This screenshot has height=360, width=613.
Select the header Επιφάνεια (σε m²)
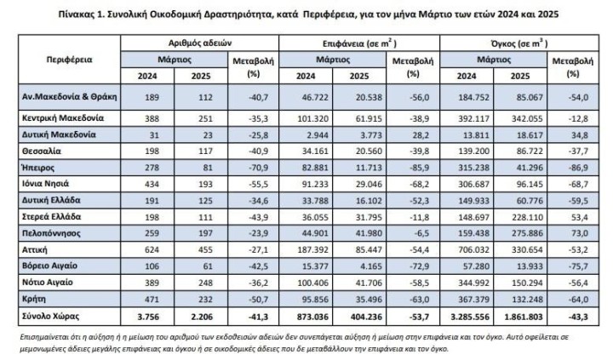pyautogui.click(x=356, y=40)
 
